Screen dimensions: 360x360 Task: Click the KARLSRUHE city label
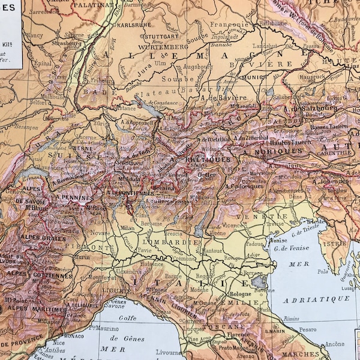tap(134, 26)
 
